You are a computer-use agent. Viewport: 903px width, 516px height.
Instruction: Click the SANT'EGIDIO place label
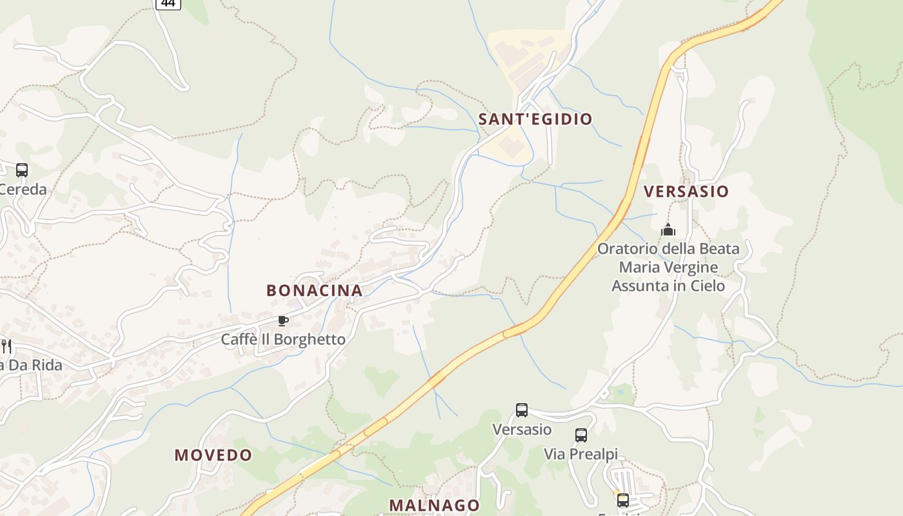click(x=535, y=119)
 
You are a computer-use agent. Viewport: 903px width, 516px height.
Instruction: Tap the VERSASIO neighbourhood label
click(x=686, y=192)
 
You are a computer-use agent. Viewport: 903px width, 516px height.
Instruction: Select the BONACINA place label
click(x=314, y=290)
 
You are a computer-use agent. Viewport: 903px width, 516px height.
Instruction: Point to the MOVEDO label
click(x=213, y=455)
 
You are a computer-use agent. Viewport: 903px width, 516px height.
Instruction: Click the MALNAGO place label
click(x=435, y=505)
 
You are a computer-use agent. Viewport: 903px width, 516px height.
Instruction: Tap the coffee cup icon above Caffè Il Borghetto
click(x=283, y=321)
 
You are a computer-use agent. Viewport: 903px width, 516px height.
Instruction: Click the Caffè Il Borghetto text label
click(x=283, y=339)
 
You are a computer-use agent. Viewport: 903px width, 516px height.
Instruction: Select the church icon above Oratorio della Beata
click(x=668, y=230)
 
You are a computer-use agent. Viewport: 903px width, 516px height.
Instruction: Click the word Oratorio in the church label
click(x=628, y=249)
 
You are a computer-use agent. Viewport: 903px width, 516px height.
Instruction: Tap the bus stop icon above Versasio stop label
click(x=522, y=410)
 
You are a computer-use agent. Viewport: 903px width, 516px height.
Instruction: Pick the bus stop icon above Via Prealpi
click(x=581, y=435)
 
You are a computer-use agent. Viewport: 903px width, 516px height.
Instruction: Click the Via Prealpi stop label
click(x=580, y=454)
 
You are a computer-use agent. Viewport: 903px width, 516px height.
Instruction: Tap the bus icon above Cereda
click(x=22, y=170)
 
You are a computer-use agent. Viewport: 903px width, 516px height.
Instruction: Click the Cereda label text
click(x=23, y=190)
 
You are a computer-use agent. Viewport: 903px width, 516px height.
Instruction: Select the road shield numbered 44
click(x=168, y=3)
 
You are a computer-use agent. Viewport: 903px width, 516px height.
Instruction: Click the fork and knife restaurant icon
click(x=6, y=346)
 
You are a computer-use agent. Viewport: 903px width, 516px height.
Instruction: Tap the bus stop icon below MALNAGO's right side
click(x=622, y=500)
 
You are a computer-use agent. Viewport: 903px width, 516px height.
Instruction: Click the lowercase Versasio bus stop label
click(x=522, y=429)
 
